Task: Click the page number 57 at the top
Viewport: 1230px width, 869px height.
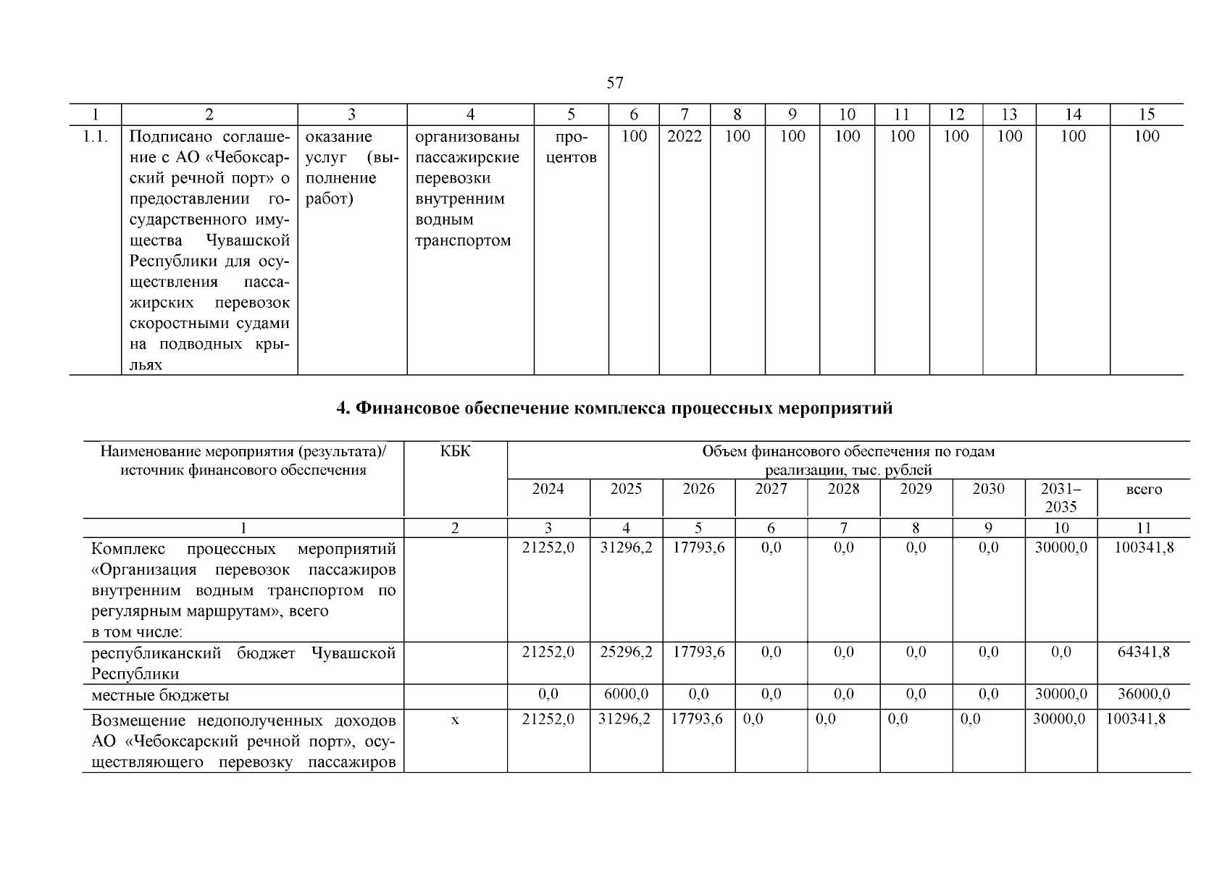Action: click(614, 83)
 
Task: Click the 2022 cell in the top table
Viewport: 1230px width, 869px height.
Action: click(684, 136)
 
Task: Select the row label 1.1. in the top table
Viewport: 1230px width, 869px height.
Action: click(95, 136)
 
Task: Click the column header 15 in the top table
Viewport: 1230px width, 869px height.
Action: click(1146, 114)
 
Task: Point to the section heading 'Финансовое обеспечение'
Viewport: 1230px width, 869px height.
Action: click(614, 408)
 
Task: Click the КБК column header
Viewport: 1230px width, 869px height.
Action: click(455, 451)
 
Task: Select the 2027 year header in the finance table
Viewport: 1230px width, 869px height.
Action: click(771, 489)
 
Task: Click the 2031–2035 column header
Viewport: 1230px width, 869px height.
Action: click(1060, 498)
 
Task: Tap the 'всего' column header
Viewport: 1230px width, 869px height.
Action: click(1144, 490)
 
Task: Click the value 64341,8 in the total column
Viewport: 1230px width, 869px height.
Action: click(1144, 652)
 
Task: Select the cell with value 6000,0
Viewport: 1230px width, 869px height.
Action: click(626, 694)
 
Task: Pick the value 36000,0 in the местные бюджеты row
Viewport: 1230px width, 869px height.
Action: click(1144, 694)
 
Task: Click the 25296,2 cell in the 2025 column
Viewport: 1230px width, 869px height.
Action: click(626, 652)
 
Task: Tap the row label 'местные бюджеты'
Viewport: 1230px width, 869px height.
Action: click(160, 695)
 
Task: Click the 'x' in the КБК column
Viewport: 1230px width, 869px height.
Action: click(455, 720)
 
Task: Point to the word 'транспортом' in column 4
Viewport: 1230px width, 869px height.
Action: click(463, 240)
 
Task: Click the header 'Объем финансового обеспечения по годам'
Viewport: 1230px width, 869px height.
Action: click(848, 451)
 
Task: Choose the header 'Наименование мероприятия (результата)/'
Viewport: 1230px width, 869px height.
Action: click(243, 451)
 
